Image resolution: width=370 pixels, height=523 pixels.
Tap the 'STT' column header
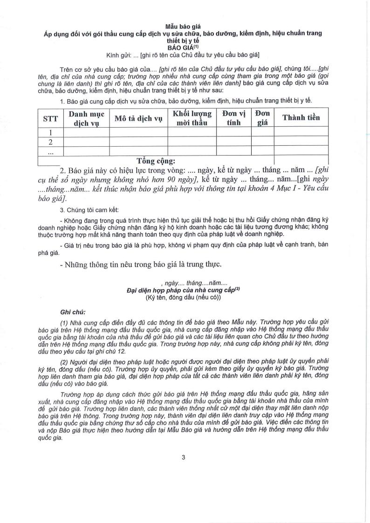[50, 118]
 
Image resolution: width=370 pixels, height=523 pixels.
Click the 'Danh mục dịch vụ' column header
[87, 118]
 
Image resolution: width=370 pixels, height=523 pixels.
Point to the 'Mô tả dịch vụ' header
[138, 118]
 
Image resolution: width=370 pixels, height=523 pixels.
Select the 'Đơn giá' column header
[262, 118]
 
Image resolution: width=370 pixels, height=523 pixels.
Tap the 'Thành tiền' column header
[301, 118]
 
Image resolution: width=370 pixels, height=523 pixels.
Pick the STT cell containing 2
[50, 142]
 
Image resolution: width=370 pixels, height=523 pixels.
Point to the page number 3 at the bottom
[184, 457]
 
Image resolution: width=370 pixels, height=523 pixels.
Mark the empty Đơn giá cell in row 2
[262, 142]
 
